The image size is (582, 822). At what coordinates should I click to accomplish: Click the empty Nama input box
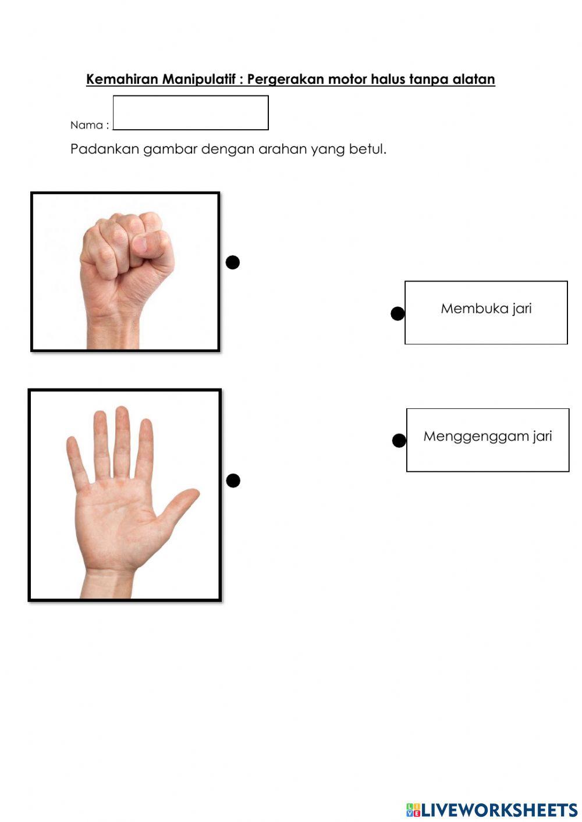[x=190, y=113]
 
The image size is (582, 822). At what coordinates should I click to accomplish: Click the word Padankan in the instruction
[x=105, y=149]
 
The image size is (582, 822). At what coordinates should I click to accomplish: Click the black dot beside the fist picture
[x=233, y=262]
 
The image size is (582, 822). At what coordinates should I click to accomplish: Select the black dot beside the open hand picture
[x=233, y=481]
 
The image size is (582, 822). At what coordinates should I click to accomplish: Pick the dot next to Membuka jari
[x=398, y=314]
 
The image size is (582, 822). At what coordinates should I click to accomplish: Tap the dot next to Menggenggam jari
[x=399, y=441]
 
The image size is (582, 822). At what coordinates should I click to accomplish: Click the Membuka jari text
[x=486, y=308]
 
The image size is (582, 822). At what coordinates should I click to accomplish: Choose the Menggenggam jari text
[x=488, y=436]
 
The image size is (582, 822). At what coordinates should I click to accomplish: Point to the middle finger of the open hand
[x=122, y=436]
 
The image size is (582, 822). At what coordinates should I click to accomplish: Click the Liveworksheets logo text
[x=499, y=810]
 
